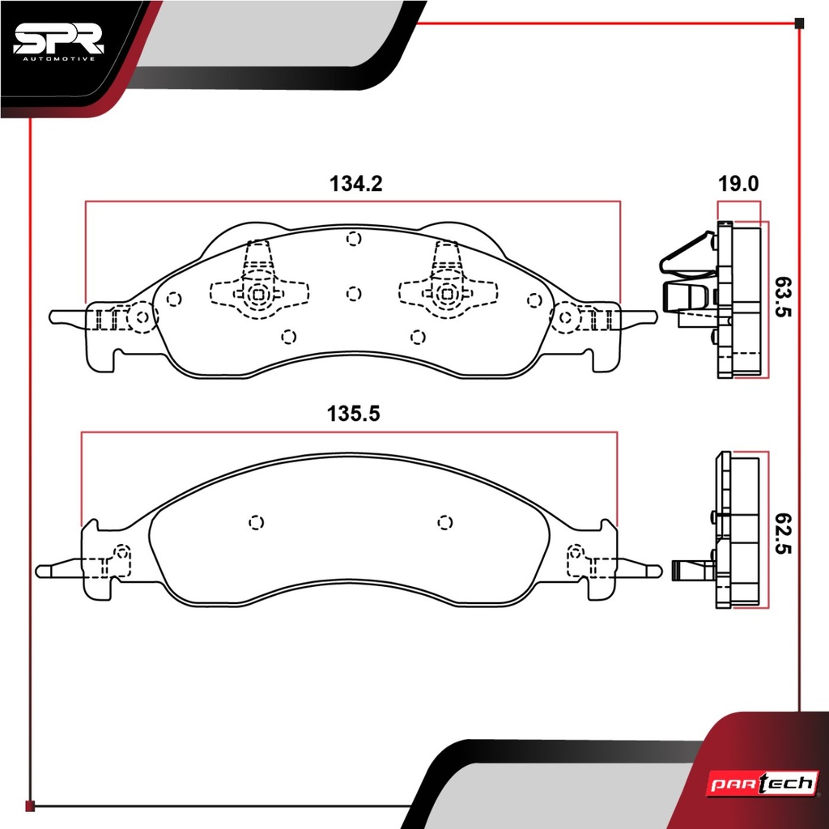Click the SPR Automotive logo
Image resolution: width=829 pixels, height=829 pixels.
pos(58,42)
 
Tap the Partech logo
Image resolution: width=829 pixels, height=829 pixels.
pos(763,783)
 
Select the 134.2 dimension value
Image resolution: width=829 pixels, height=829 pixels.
pos(355,184)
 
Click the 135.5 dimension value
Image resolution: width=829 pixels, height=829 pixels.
pos(353,414)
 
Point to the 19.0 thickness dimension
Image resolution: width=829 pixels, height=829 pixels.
pos(738,184)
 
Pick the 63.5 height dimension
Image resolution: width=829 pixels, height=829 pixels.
pos(783,296)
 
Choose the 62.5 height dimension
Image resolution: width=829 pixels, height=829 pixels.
pos(783,533)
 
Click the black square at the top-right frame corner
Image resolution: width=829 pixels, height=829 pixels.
pos(799,23)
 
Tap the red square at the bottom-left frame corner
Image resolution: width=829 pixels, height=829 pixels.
pos(30,806)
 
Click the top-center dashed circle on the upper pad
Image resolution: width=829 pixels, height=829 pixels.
pos(354,239)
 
